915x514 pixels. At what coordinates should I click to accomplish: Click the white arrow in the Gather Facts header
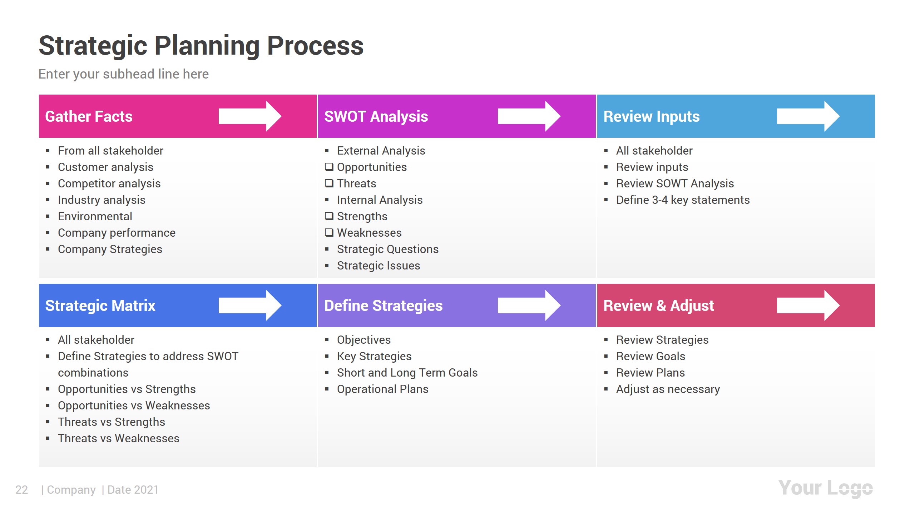(249, 116)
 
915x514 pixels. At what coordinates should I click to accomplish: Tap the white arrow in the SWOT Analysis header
(529, 116)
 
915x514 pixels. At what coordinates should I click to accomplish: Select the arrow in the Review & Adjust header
(808, 306)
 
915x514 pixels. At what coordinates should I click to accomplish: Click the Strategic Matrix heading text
(100, 306)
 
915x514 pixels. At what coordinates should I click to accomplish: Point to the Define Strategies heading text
(383, 306)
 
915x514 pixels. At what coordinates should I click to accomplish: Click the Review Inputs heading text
(651, 116)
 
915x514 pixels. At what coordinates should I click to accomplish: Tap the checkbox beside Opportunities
(329, 167)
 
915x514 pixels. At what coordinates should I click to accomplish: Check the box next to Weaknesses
(329, 232)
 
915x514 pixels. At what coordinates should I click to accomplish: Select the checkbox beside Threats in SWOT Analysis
(329, 183)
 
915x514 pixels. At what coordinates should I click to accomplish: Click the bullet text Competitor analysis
(109, 183)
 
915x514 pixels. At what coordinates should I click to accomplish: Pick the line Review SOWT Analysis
(675, 183)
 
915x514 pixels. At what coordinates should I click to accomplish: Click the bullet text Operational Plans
(382, 389)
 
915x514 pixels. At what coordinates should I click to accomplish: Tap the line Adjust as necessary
(668, 389)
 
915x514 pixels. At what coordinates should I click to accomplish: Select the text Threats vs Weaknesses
(118, 438)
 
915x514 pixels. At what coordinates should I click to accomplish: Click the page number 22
(21, 490)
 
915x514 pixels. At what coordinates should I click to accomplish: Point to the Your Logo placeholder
(825, 488)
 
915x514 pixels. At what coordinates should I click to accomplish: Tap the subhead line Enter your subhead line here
(123, 74)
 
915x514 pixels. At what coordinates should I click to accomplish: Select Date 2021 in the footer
(133, 490)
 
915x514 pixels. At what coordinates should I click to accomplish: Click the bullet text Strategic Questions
(387, 249)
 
